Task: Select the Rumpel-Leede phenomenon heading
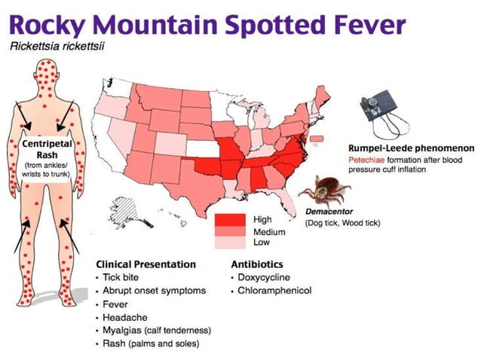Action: click(410, 148)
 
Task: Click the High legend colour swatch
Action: click(230, 219)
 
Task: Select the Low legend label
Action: click(262, 242)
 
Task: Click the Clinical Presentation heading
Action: click(146, 264)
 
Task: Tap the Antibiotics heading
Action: click(257, 264)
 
